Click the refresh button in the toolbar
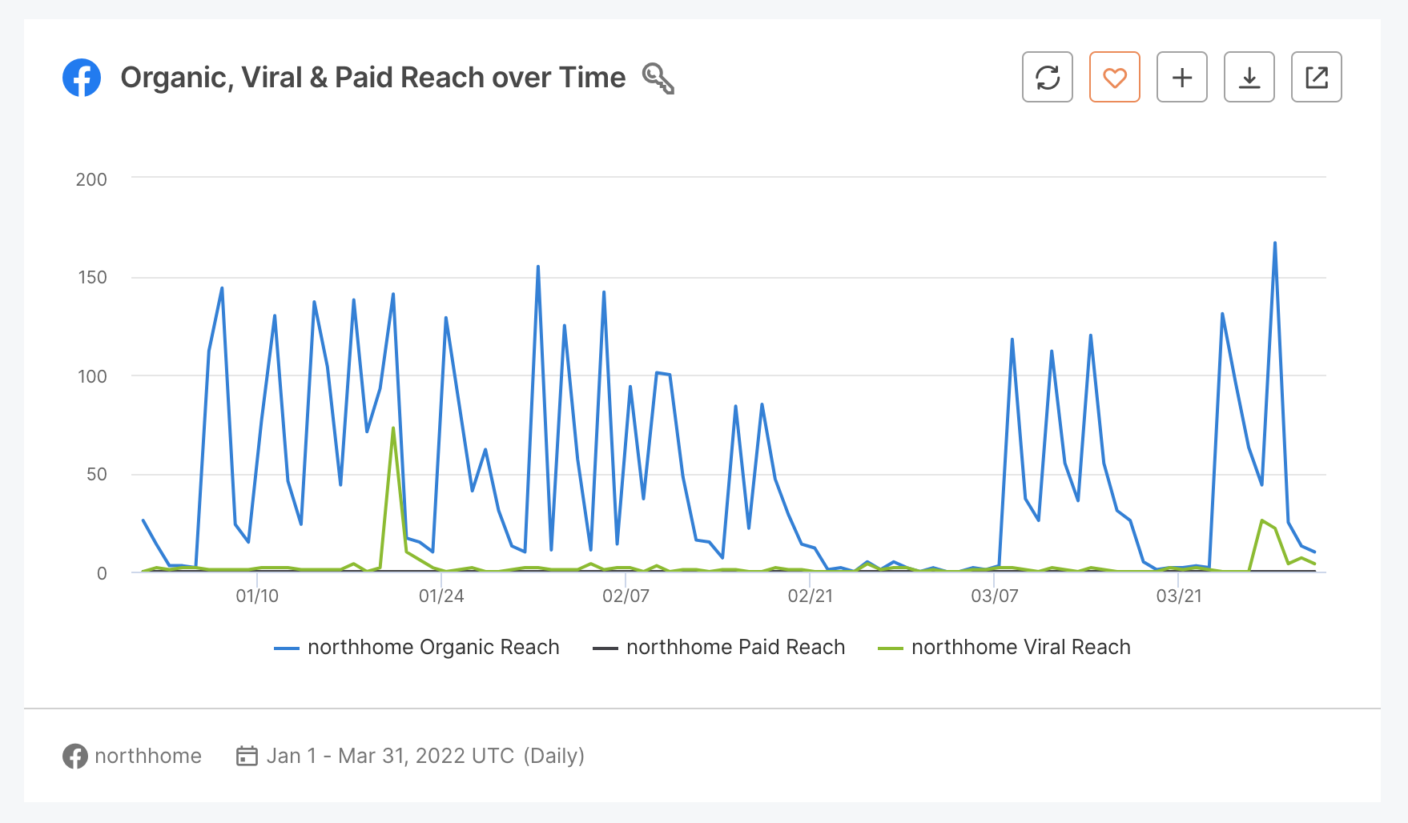coord(1047,77)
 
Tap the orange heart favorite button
coord(1114,77)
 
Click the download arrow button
coord(1249,77)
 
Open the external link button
coord(1316,77)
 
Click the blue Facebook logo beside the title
coord(82,78)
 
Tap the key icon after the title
coord(658,78)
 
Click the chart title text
coord(372,78)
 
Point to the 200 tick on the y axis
coord(91,179)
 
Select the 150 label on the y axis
coord(92,278)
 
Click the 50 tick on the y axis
coord(96,475)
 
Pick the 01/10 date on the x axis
coord(257,596)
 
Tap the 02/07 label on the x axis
coord(626,596)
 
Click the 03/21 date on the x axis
coord(1178,596)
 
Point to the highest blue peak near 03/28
coord(1274,243)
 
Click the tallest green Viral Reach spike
coord(393,429)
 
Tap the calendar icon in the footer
coord(247,756)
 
